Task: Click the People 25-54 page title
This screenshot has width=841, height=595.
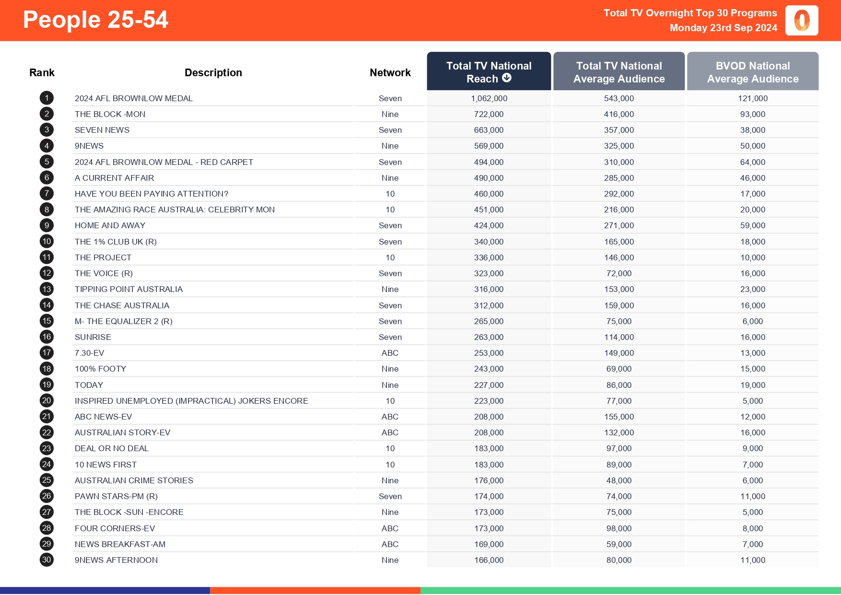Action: [95, 20]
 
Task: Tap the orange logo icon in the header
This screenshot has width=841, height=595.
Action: [802, 21]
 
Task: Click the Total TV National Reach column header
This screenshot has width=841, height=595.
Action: [489, 72]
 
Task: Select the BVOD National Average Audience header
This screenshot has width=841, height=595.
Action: [753, 72]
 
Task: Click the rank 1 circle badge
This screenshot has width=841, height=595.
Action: [47, 98]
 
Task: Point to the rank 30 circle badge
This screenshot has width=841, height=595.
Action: [47, 560]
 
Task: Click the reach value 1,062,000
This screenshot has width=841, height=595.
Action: [489, 98]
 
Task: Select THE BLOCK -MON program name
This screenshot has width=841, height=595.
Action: [110, 114]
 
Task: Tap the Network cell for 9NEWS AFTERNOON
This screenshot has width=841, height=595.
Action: [390, 560]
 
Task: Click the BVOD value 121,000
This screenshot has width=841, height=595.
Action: [753, 98]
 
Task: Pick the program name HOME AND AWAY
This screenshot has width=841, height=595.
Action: [110, 225]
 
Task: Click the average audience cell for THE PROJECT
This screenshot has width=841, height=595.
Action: [619, 257]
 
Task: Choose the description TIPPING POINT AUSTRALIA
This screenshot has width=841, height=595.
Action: [128, 289]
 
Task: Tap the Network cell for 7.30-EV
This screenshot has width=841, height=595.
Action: [390, 353]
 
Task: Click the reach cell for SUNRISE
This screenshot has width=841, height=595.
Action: [489, 337]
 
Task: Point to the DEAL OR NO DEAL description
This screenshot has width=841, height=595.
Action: [112, 448]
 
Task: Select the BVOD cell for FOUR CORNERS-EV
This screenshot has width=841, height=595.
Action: [753, 528]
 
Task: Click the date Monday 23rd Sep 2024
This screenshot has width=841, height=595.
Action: [723, 28]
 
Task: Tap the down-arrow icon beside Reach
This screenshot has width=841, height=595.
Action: [507, 78]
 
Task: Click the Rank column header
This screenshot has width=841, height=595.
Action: [42, 72]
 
